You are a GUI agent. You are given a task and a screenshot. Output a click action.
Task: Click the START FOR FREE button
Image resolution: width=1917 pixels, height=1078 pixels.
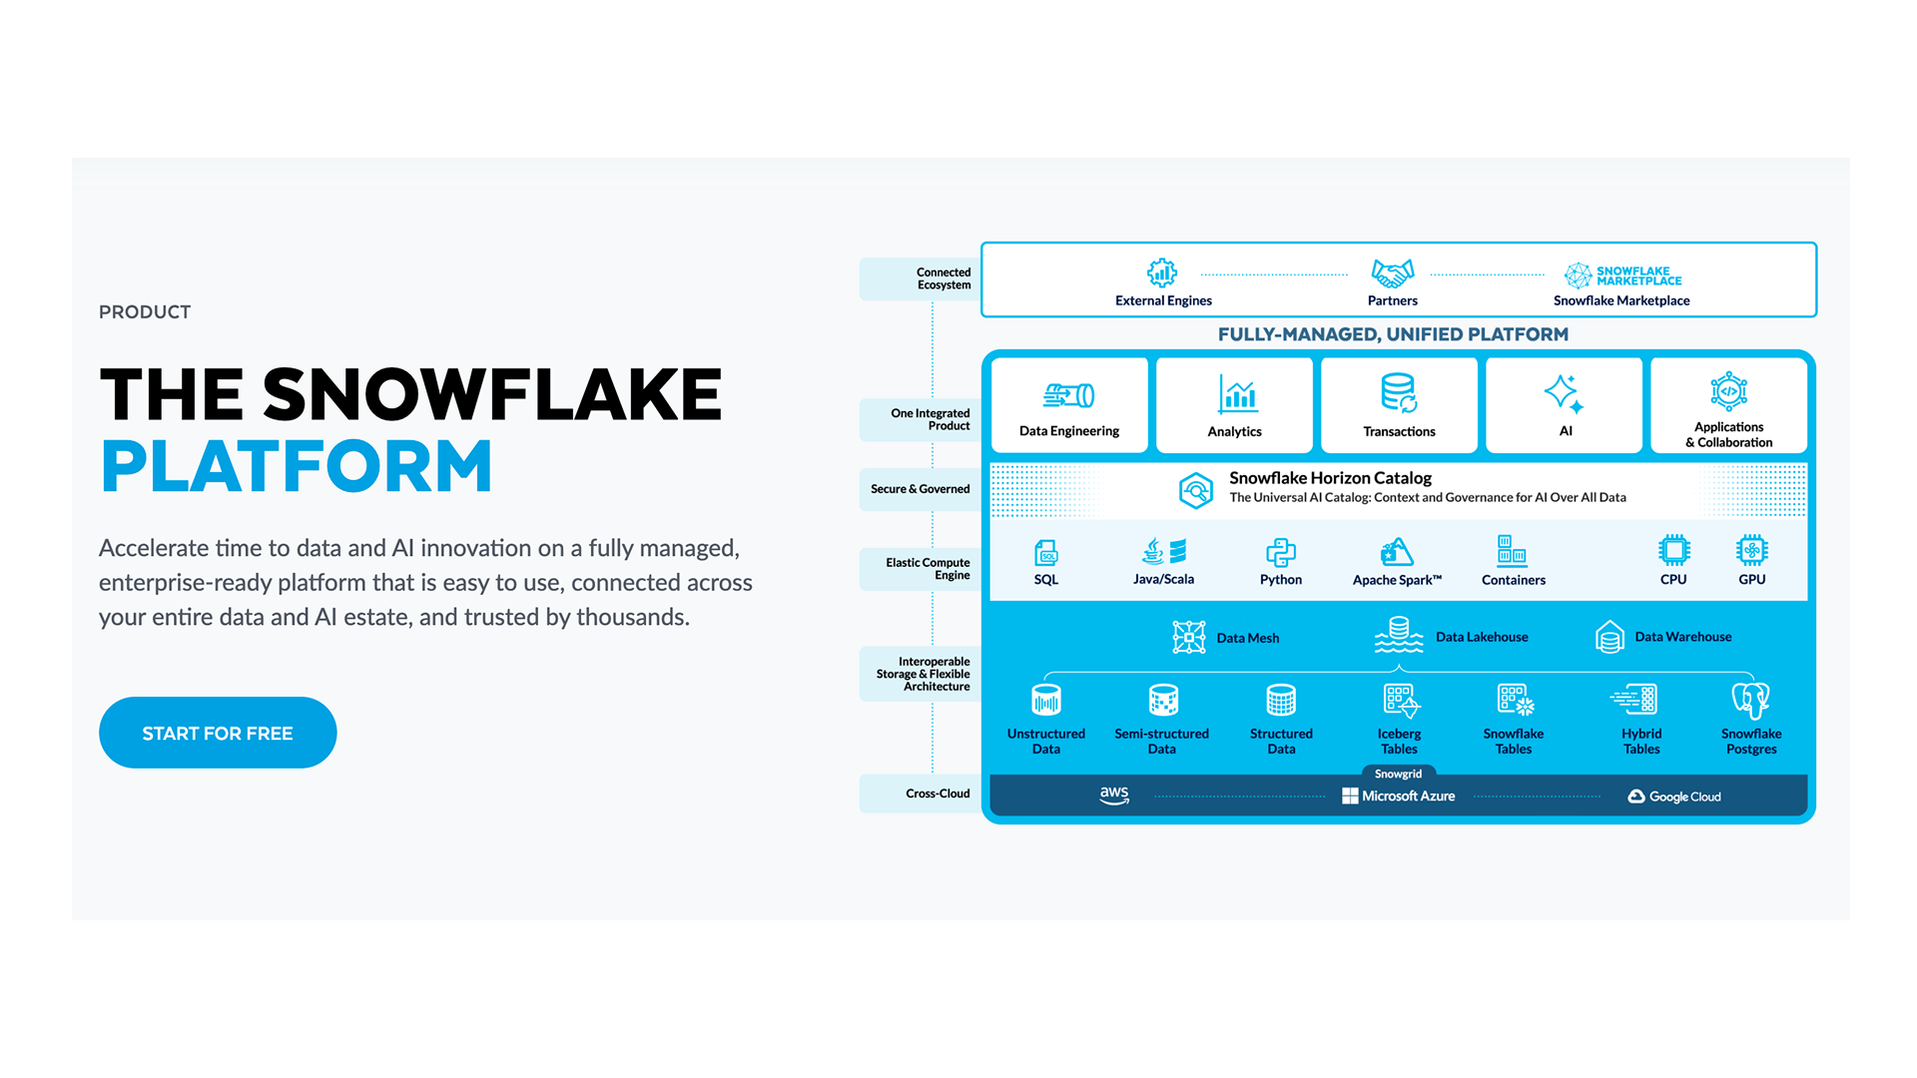point(218,733)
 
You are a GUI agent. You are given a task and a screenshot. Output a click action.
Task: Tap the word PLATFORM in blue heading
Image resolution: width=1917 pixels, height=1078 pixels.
point(297,467)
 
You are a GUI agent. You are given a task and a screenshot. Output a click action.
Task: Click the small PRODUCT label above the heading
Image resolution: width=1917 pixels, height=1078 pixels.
point(145,311)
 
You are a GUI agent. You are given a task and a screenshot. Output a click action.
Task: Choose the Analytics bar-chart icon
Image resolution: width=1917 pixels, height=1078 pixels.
point(1237,393)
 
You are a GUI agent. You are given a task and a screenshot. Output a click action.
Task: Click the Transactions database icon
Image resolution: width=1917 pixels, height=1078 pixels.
point(1399,392)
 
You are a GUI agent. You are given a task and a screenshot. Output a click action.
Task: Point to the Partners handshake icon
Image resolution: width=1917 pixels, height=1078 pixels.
point(1393,272)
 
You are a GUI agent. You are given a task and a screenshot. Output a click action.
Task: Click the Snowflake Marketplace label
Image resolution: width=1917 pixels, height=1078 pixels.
point(1621,300)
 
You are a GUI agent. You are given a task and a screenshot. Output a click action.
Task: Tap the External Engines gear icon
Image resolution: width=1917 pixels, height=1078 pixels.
point(1162,272)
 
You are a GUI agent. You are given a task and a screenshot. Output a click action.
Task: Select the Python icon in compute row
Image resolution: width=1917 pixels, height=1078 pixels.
point(1281,552)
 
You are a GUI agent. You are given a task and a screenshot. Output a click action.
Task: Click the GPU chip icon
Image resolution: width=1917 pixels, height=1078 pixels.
point(1752,550)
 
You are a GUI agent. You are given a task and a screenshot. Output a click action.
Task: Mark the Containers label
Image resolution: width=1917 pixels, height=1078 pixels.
point(1513,580)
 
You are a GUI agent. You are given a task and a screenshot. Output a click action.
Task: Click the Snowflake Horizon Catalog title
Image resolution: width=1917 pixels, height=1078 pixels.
point(1330,478)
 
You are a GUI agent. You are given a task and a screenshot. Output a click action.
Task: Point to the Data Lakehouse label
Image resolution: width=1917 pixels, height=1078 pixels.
point(1482,637)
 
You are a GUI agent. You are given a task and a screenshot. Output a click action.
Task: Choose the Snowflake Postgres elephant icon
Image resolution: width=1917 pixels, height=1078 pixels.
point(1751,700)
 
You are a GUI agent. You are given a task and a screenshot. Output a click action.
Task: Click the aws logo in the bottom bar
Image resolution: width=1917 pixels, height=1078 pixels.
point(1114,796)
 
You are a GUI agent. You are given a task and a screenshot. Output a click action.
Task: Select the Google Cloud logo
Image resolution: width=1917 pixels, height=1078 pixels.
point(1674,797)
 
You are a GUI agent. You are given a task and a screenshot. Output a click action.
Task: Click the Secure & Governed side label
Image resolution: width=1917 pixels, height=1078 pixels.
point(920,489)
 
